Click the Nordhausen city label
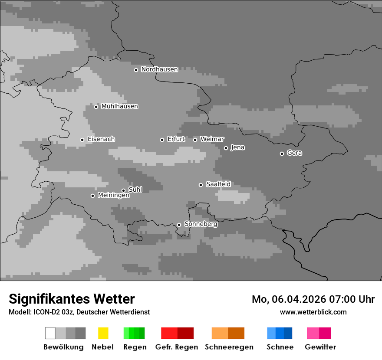159,69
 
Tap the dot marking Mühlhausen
96,107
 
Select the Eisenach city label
101,139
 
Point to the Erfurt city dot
162,140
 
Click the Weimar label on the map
212,139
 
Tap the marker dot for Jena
226,148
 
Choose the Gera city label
294,153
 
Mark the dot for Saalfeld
201,185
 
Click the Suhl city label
135,190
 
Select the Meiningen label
114,196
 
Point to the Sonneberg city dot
179,225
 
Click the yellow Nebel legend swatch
103,333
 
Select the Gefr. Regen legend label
177,347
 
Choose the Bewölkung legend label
63,347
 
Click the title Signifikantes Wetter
72,299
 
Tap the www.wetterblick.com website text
313,312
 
